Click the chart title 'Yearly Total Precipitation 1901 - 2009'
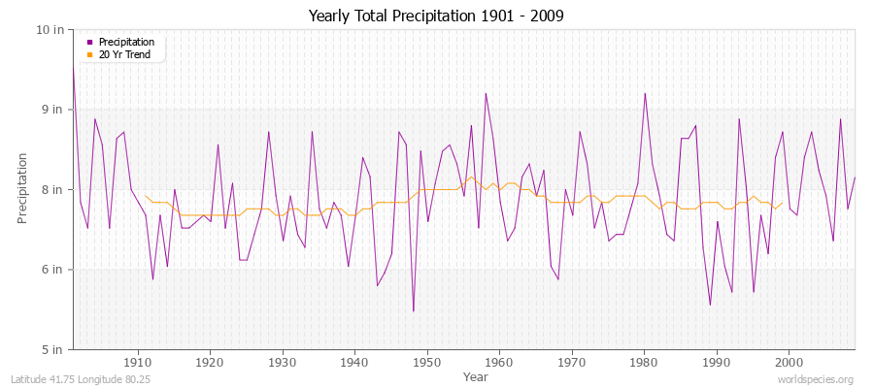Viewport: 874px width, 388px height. tap(436, 16)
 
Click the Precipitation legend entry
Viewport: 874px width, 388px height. tap(126, 42)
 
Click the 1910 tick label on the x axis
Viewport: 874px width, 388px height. tap(137, 362)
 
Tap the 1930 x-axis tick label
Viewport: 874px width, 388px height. tap(282, 362)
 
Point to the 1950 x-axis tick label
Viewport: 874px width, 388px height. tap(426, 362)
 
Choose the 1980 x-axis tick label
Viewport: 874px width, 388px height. tap(644, 362)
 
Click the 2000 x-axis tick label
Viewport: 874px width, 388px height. tap(789, 362)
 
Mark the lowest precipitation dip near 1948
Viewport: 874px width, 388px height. tap(413, 311)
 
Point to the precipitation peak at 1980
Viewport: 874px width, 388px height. tap(645, 93)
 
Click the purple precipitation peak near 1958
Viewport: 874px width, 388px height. tap(486, 93)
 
